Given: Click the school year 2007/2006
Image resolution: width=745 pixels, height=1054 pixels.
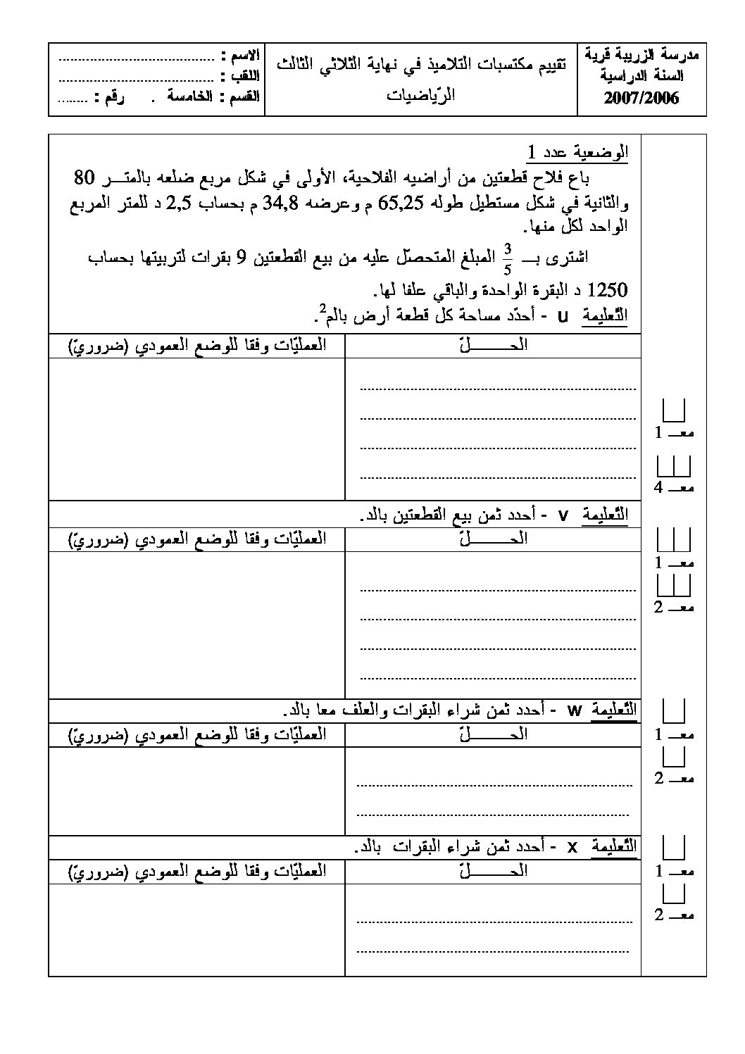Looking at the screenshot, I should point(641,99).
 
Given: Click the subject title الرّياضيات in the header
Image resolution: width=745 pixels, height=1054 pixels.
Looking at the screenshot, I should point(421,94).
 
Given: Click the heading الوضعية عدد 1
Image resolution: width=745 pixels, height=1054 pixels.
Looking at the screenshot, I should point(578,153).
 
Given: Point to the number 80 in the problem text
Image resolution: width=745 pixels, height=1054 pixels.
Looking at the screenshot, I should point(88,177).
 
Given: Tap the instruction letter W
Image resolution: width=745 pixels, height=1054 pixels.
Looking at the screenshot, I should point(574,711).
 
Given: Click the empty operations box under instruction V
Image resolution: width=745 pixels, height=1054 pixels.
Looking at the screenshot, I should point(196,624).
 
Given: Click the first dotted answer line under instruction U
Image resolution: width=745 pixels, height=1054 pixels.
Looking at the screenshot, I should point(497,387).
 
